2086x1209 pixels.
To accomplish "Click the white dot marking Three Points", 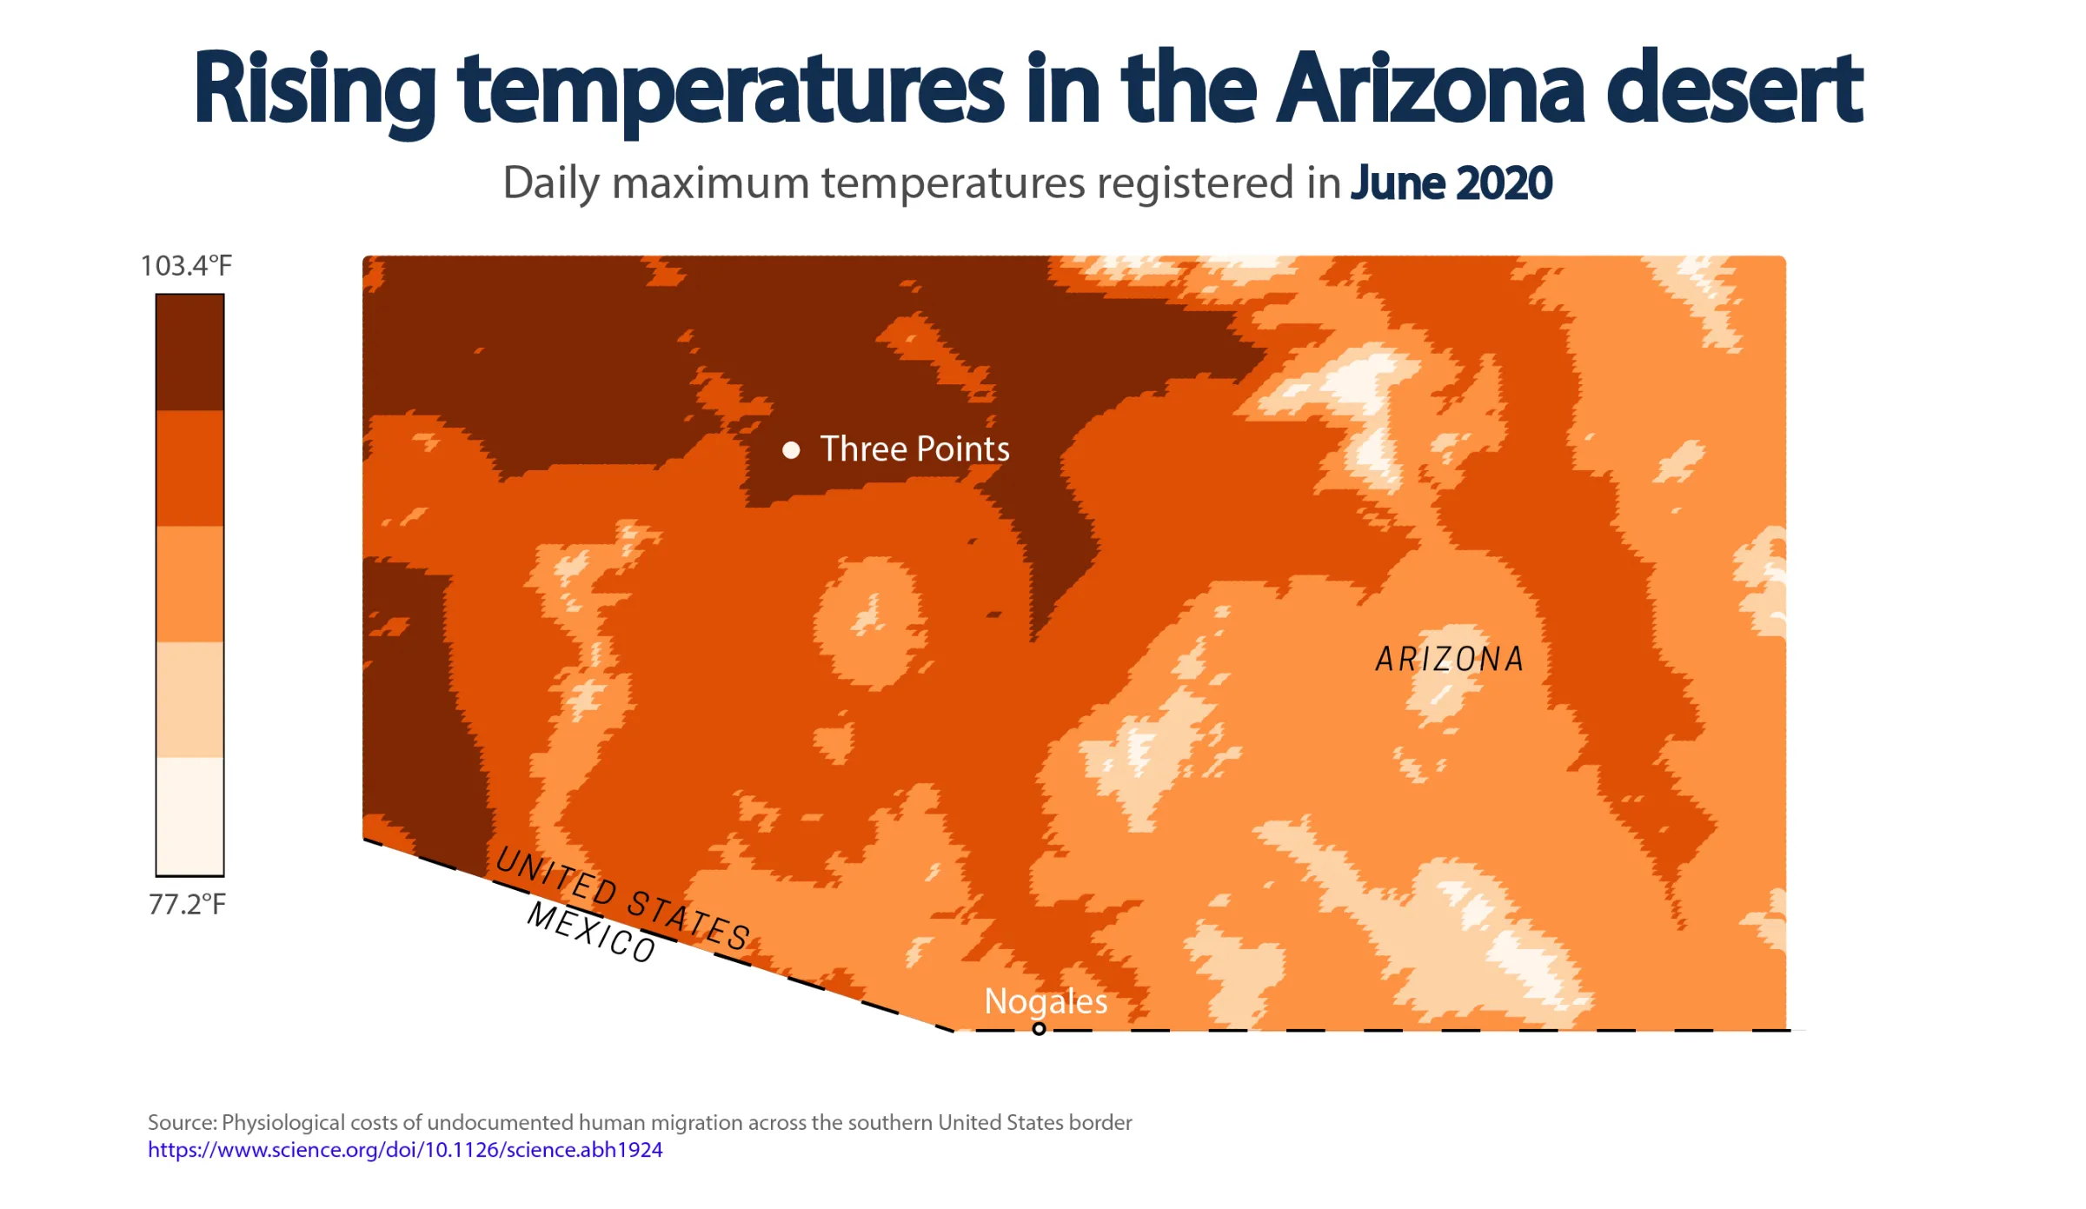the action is click(791, 449).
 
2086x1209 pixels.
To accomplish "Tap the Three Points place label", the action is click(915, 448).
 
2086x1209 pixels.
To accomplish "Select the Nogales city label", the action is click(1046, 1002).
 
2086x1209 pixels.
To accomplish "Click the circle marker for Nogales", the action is click(1039, 1029).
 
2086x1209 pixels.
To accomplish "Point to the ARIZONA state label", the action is click(1450, 659).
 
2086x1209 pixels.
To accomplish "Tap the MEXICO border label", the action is click(591, 931).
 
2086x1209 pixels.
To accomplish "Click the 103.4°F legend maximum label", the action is click(186, 265).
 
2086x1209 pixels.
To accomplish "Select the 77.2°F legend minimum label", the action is click(187, 904).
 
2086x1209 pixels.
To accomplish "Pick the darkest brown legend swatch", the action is click(190, 352).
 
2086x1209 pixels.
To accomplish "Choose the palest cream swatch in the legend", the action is click(190, 815).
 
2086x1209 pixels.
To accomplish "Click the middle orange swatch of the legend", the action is click(190, 584).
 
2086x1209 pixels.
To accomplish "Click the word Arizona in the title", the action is click(1431, 88).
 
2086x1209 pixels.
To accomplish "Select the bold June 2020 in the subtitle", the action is click(1452, 183).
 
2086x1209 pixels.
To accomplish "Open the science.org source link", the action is click(405, 1149).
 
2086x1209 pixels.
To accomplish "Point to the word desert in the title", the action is click(1735, 88).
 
